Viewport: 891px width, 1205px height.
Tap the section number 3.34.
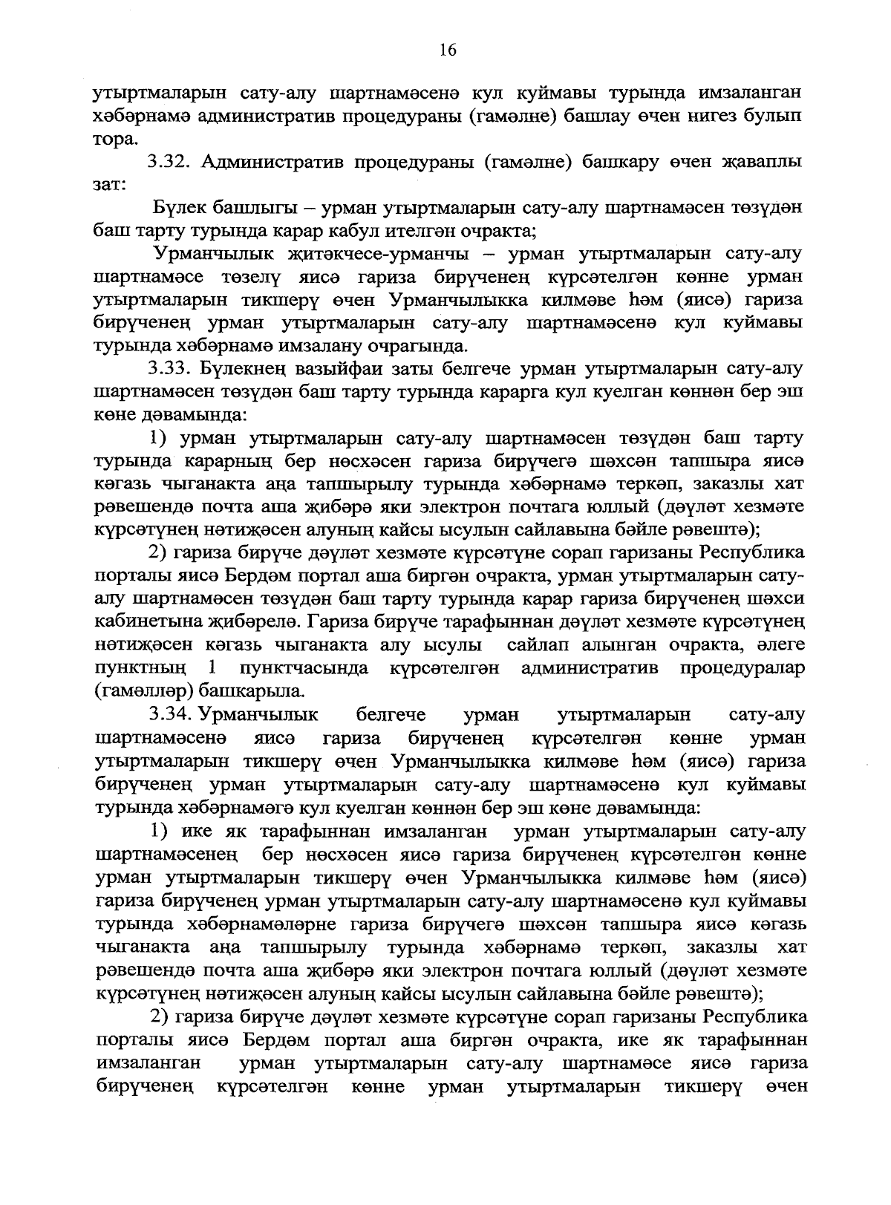coord(172,715)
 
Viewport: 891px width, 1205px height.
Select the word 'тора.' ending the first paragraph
coord(114,140)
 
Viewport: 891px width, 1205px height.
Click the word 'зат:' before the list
coord(108,185)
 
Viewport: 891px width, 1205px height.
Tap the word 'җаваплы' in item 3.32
coord(760,162)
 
